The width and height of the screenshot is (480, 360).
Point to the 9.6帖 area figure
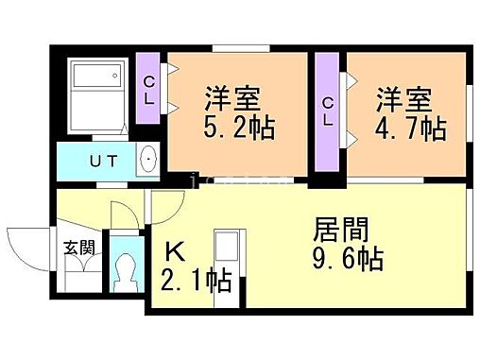[x=347, y=259]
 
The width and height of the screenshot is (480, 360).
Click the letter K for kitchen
[x=176, y=252]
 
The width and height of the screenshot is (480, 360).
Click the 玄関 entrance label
[x=78, y=249]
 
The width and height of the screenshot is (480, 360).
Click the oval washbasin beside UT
[x=147, y=162]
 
